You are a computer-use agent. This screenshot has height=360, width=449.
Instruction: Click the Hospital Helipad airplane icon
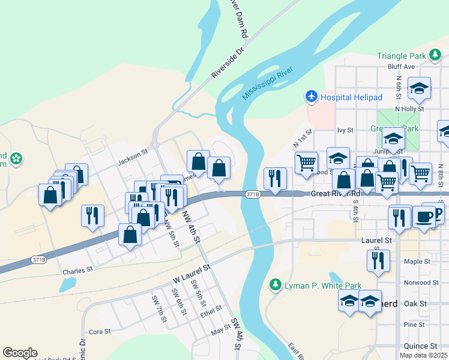312,97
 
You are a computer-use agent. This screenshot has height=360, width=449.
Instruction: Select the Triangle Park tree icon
436,56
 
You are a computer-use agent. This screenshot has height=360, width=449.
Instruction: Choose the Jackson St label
133,157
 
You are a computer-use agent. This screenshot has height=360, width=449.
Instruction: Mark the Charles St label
77,270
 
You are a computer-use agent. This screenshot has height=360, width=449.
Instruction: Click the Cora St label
100,331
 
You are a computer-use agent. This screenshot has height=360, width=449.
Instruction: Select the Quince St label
421,346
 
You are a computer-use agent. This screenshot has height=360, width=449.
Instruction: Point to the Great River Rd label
336,194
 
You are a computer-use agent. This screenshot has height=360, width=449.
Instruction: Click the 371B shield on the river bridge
253,194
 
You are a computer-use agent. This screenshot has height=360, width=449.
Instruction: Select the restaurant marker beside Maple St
378,260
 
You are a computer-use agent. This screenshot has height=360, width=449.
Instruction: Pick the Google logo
20,353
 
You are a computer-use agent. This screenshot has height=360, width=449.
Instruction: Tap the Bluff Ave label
402,67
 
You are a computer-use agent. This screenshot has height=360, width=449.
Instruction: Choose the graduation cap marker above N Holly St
419,89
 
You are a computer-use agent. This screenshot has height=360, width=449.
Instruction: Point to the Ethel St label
211,311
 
